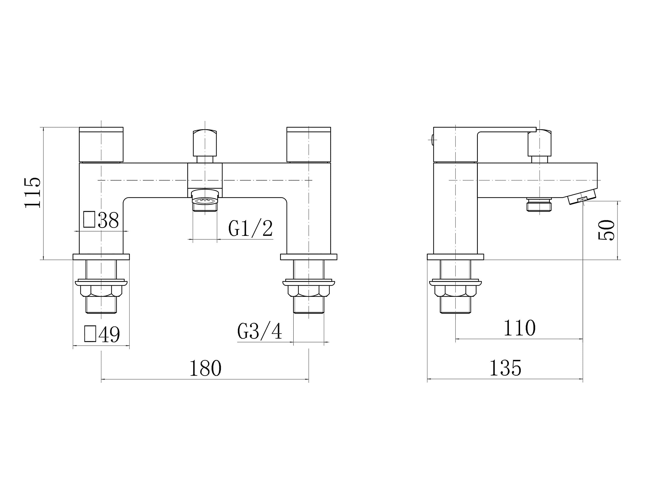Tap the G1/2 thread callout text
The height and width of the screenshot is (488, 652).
click(x=251, y=228)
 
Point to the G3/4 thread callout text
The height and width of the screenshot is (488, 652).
click(x=260, y=331)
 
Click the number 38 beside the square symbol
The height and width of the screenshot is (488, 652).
click(x=108, y=220)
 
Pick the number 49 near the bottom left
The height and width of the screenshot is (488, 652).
click(x=109, y=334)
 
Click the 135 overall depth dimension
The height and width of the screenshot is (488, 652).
click(x=505, y=368)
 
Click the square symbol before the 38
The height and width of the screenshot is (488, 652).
click(x=89, y=219)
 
